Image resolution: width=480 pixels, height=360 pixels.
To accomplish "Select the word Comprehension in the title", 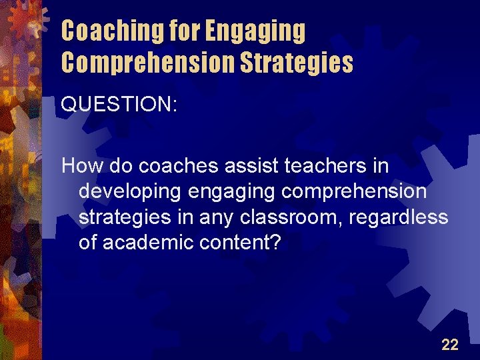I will point(148,63).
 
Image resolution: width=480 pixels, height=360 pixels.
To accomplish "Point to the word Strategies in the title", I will point(296,63).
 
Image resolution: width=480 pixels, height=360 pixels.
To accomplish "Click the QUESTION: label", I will point(119,105).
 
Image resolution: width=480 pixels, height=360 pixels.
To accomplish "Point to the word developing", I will point(130,191).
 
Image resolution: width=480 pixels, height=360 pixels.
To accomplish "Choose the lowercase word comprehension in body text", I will point(354,191).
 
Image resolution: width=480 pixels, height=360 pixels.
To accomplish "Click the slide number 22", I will point(450,344).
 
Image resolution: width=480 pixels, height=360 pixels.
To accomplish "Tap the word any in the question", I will point(221,217).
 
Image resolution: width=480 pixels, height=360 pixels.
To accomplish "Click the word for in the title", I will point(183,31).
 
